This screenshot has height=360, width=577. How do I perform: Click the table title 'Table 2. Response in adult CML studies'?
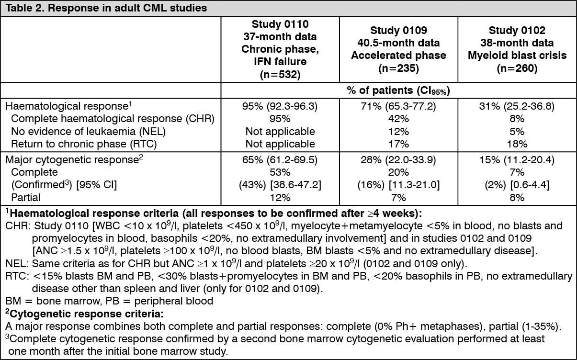(x=106, y=8)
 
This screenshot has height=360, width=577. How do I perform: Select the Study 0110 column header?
(x=280, y=49)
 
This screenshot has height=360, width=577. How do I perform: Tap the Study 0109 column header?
(x=398, y=49)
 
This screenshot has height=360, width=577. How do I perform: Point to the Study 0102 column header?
(x=517, y=49)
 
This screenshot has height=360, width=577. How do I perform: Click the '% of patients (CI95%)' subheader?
(x=398, y=90)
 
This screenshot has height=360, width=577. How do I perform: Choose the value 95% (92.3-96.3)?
(x=280, y=106)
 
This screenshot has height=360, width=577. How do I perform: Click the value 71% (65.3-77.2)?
(x=398, y=106)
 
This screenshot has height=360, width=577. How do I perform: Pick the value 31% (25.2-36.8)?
(x=517, y=106)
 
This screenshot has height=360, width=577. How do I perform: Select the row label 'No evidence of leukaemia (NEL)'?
(x=89, y=131)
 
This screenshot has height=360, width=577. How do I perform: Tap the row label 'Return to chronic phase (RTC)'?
(x=84, y=144)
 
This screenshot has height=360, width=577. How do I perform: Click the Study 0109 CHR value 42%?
(x=398, y=119)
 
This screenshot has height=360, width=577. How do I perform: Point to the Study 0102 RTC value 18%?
(x=517, y=144)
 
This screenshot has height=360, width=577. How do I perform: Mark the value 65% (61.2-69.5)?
(x=280, y=160)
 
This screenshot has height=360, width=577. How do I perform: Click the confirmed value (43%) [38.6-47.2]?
(x=280, y=185)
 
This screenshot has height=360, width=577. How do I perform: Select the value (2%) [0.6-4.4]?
(x=517, y=185)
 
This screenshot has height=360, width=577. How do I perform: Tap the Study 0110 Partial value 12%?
(x=280, y=198)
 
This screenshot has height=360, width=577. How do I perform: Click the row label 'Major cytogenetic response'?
(x=74, y=160)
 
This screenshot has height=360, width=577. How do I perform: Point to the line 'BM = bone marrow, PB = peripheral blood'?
(x=110, y=301)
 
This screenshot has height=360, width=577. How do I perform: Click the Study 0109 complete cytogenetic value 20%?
(x=398, y=172)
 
